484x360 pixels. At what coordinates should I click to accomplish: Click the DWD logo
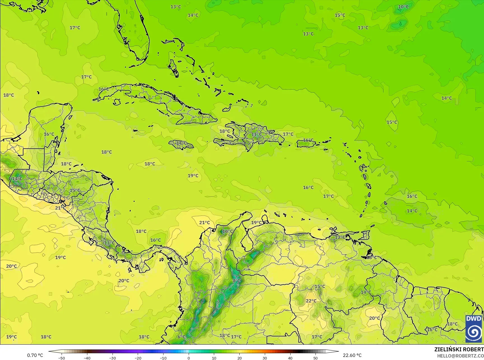[474, 328]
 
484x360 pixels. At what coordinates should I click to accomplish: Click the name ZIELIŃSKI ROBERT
[459, 349]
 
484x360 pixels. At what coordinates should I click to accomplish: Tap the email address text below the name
[460, 356]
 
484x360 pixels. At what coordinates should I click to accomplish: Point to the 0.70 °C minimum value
[35, 355]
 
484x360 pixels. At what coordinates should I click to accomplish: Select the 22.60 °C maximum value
[352, 355]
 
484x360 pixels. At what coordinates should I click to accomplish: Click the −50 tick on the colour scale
[61, 358]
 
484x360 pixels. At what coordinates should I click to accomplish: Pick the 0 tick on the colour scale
[189, 358]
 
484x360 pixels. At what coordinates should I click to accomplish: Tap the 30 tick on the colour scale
[265, 358]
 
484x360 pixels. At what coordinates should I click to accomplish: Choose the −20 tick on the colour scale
[138, 358]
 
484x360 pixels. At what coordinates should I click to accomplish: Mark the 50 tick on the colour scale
[315, 358]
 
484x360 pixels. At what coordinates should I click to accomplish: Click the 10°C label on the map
[403, 7]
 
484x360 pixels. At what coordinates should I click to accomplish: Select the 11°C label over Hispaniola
[256, 134]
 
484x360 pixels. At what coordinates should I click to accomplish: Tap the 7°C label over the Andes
[236, 281]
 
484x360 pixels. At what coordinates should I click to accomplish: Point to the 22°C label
[311, 301]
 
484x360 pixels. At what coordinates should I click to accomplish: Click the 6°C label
[181, 337]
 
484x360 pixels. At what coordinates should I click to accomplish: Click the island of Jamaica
[181, 144]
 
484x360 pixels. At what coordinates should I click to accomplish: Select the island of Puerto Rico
[306, 144]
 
